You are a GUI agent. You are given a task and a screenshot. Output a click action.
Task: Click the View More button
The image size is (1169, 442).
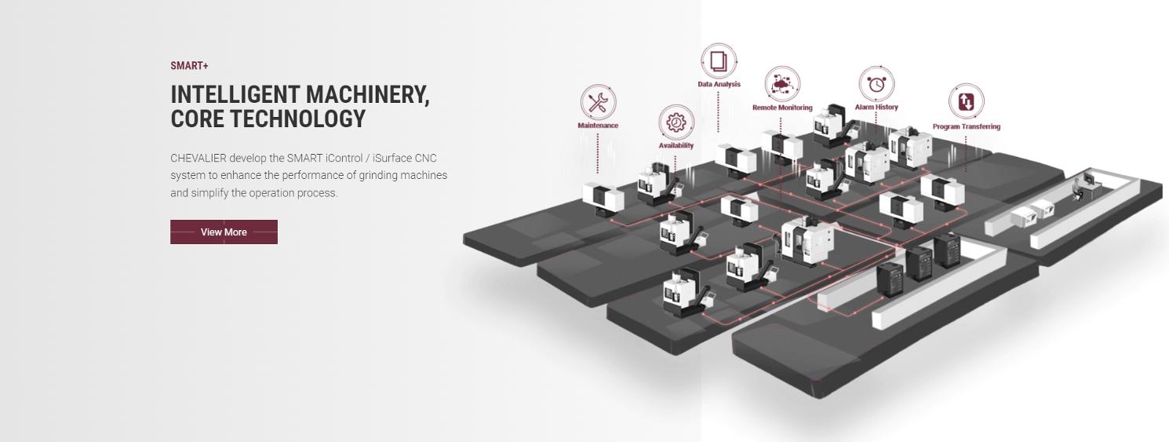click(224, 232)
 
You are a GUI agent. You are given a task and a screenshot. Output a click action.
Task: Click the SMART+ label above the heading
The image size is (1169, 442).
click(189, 66)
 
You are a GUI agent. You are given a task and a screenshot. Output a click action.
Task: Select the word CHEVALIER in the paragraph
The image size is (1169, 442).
click(198, 159)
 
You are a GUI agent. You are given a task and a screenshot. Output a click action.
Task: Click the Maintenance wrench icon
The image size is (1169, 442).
click(598, 103)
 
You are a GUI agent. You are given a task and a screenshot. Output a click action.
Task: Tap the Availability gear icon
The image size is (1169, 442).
click(676, 122)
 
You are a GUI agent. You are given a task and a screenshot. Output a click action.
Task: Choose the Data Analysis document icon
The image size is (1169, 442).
click(718, 61)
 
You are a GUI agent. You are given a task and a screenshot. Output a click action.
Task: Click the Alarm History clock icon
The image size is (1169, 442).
click(876, 83)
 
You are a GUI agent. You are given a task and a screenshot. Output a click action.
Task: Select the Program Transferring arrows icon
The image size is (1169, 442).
click(966, 102)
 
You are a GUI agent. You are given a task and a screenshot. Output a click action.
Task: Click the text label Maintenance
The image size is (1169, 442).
click(598, 126)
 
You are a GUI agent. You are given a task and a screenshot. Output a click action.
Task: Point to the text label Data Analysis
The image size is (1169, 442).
click(719, 85)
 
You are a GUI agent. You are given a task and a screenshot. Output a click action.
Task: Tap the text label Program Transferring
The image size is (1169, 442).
click(966, 126)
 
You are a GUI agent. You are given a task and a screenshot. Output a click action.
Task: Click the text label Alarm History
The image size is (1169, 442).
click(876, 107)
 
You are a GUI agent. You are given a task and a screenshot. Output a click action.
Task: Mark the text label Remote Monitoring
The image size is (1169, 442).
click(782, 108)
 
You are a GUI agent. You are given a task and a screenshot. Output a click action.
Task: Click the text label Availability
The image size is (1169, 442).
click(676, 145)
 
